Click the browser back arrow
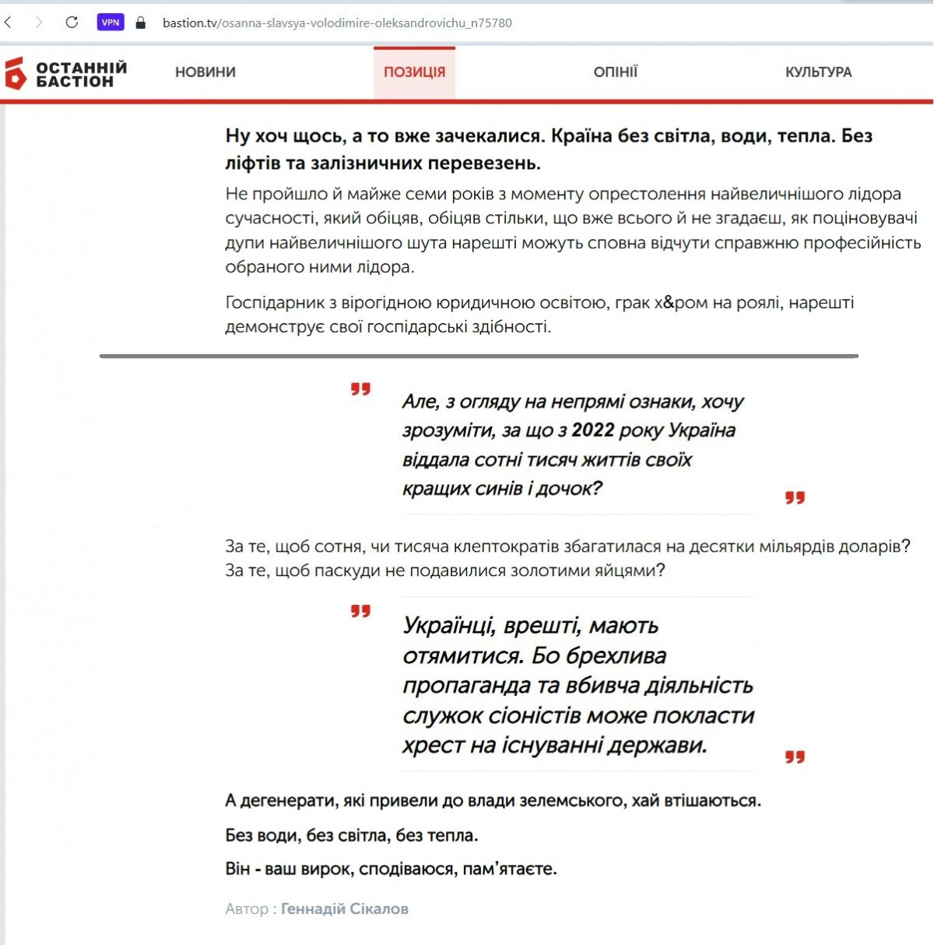(9, 23)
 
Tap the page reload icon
(72, 23)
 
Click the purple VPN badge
(111, 23)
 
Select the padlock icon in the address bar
(141, 23)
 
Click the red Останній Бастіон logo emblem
(16, 73)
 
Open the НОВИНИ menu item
(205, 72)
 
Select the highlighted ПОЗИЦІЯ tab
(414, 72)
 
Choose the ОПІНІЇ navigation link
(615, 72)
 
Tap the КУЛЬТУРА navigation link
(818, 72)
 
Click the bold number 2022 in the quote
(592, 430)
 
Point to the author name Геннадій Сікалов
(344, 908)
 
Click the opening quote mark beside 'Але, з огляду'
(360, 389)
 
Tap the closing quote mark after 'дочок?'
(795, 497)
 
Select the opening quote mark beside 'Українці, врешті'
(360, 612)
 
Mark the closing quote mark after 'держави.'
(795, 757)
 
